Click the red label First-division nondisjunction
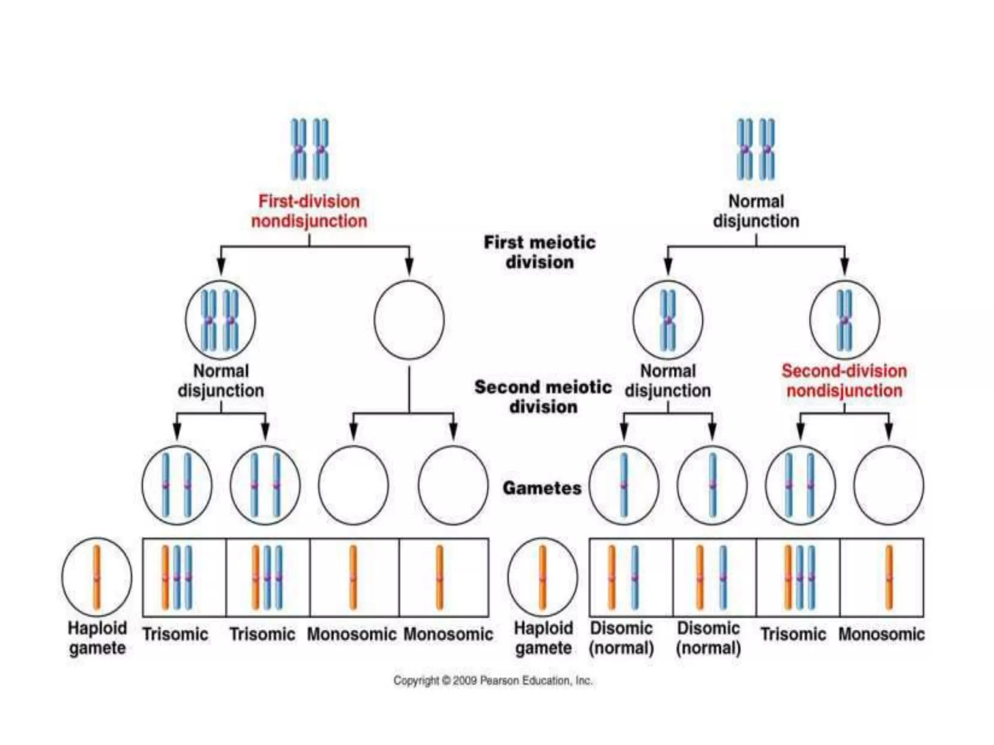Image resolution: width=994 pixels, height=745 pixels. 309,211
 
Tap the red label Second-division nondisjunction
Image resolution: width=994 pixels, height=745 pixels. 844,381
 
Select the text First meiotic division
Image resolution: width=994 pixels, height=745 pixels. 539,252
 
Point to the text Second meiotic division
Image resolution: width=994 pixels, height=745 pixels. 543,397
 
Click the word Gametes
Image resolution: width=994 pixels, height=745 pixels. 542,488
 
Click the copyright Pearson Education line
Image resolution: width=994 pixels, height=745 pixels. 493,680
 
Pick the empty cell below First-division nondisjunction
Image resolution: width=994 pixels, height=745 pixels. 409,320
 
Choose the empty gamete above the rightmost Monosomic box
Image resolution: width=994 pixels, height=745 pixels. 888,485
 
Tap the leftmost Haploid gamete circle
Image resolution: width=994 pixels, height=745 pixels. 97,577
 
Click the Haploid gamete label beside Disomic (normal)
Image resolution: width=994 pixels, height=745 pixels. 543,638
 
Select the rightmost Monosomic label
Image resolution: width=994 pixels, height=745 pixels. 881,634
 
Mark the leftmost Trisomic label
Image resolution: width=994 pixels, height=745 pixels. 175,634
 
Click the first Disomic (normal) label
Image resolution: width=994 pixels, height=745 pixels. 621,638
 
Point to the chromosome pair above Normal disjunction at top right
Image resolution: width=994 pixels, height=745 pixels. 756,149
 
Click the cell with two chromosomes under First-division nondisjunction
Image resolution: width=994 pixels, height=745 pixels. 220,320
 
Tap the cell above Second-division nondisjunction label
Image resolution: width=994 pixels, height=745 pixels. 844,320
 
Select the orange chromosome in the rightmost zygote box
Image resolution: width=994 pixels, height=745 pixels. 889,577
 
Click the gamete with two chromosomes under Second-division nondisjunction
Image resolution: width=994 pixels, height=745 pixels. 800,485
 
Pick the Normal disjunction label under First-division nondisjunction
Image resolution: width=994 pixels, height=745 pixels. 221,381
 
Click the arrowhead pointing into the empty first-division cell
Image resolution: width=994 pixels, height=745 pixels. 409,267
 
